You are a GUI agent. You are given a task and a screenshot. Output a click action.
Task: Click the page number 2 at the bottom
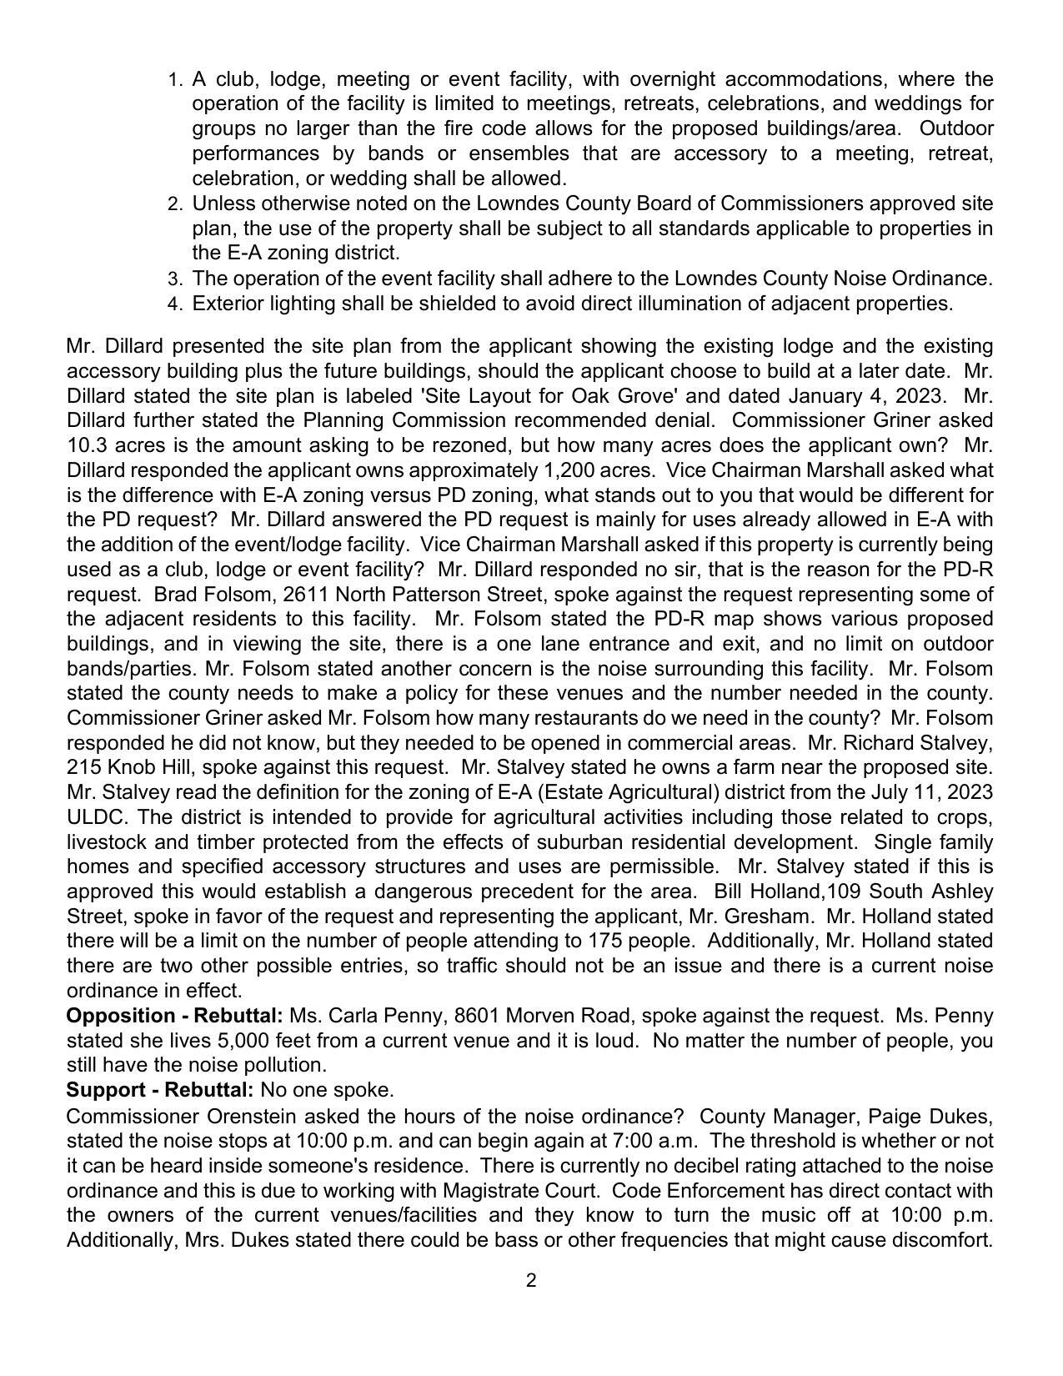(x=531, y=1280)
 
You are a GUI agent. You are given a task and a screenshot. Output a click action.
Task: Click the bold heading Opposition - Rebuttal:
(x=174, y=1016)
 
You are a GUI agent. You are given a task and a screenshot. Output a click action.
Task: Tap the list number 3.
(x=174, y=279)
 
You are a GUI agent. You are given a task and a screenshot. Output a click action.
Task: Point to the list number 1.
(x=174, y=80)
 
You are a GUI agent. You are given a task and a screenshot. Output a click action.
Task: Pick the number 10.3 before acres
(x=86, y=445)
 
